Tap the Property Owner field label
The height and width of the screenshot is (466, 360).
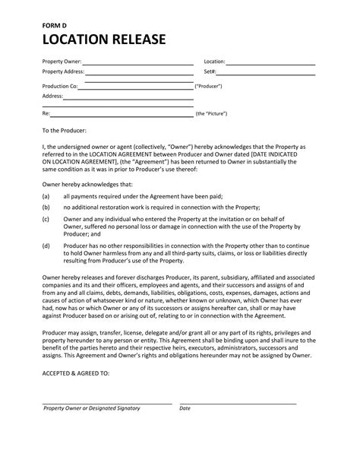(62, 62)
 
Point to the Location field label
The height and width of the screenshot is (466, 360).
(214, 62)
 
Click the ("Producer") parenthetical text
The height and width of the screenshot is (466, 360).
(209, 87)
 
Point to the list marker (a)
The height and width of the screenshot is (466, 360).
(46, 195)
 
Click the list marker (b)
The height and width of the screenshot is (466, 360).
(46, 206)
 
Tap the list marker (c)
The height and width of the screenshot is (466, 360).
(46, 218)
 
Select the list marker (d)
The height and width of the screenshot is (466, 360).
(46, 246)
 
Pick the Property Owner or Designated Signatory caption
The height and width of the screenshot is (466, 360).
(92, 408)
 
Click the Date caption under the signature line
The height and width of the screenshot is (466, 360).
(185, 408)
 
